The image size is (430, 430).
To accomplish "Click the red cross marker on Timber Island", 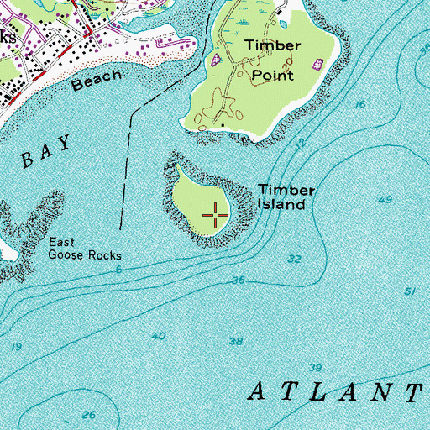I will click(x=216, y=216).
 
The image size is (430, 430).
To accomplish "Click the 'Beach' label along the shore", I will click(x=92, y=82).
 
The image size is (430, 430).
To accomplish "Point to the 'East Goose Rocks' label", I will click(x=84, y=249).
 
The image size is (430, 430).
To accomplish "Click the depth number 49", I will click(x=385, y=200).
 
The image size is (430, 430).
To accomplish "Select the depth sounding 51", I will click(x=410, y=291).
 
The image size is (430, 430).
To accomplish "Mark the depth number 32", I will click(x=294, y=260).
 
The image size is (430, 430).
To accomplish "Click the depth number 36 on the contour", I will click(x=239, y=280).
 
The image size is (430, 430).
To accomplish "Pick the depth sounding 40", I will click(x=158, y=336).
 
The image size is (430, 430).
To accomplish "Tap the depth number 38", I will click(x=236, y=342).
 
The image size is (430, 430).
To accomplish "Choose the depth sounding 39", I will click(x=315, y=368).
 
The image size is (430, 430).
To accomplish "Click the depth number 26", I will click(x=90, y=415).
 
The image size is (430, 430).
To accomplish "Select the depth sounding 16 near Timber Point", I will click(x=360, y=104).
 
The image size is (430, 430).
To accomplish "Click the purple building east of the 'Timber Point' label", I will click(x=319, y=64).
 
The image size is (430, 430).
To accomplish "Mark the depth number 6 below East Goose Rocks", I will click(x=119, y=270).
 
